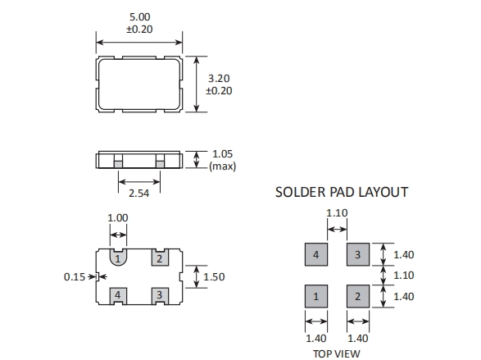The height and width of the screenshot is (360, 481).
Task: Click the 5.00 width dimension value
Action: (140, 17)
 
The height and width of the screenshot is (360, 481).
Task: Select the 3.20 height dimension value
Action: (219, 79)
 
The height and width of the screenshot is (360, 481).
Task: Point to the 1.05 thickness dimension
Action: (222, 154)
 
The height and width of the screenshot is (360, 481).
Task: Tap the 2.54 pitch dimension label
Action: (139, 194)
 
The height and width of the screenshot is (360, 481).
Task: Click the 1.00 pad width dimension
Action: (118, 218)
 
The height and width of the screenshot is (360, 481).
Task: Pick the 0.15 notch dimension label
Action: (75, 277)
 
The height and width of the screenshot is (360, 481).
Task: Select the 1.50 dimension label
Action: (214, 277)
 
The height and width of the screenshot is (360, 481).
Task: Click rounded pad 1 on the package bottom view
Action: (118, 257)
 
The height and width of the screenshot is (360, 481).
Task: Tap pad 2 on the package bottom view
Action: (160, 257)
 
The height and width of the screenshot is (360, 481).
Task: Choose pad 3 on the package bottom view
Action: (160, 296)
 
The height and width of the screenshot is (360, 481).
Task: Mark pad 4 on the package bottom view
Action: (118, 296)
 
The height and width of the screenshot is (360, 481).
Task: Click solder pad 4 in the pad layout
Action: (316, 254)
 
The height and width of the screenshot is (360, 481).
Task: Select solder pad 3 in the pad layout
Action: (358, 254)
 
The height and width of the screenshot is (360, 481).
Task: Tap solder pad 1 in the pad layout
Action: (316, 296)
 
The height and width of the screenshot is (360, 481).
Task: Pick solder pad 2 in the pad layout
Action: (358, 296)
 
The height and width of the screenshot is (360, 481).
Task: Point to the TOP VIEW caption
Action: (337, 354)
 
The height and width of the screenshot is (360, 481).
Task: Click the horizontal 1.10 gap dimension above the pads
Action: (337, 213)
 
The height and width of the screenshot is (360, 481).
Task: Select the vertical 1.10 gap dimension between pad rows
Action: (404, 276)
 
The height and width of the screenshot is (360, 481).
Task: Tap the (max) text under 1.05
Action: (222, 166)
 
